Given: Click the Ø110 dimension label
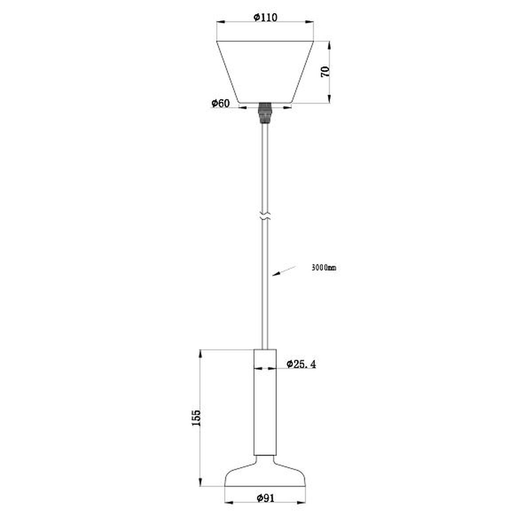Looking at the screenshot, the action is (x=265, y=17).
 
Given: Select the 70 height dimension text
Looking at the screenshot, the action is (x=325, y=72).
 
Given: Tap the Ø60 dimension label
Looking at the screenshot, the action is (x=221, y=103).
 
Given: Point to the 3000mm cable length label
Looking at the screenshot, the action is (x=324, y=267).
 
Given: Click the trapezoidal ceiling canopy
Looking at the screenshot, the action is (x=265, y=72).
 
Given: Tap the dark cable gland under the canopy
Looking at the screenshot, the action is (x=265, y=113).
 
